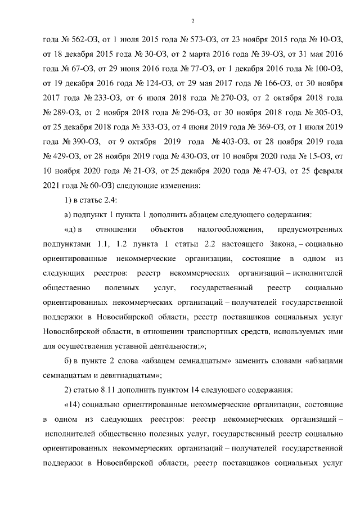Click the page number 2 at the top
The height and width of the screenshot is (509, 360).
[x=192, y=21]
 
